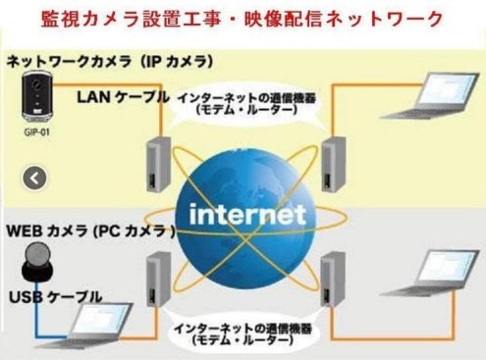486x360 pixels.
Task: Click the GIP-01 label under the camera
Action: coord(36,132)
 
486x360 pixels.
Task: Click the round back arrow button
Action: coord(34,179)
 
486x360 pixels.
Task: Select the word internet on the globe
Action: coord(247,214)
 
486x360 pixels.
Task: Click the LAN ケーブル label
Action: coord(124,97)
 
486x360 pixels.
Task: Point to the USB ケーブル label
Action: coord(55,297)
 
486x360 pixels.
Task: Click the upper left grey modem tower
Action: coord(158,164)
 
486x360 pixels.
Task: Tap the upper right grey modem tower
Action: coord(333,164)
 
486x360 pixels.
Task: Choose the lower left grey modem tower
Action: coord(158,279)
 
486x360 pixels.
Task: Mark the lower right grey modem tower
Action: coord(333,279)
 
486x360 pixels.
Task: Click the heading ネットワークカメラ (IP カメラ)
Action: coord(110,62)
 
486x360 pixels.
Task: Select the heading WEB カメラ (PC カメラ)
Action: coord(91,231)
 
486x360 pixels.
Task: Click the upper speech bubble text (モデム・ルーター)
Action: coord(246,110)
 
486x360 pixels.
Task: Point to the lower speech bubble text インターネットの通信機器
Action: coord(243,329)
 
